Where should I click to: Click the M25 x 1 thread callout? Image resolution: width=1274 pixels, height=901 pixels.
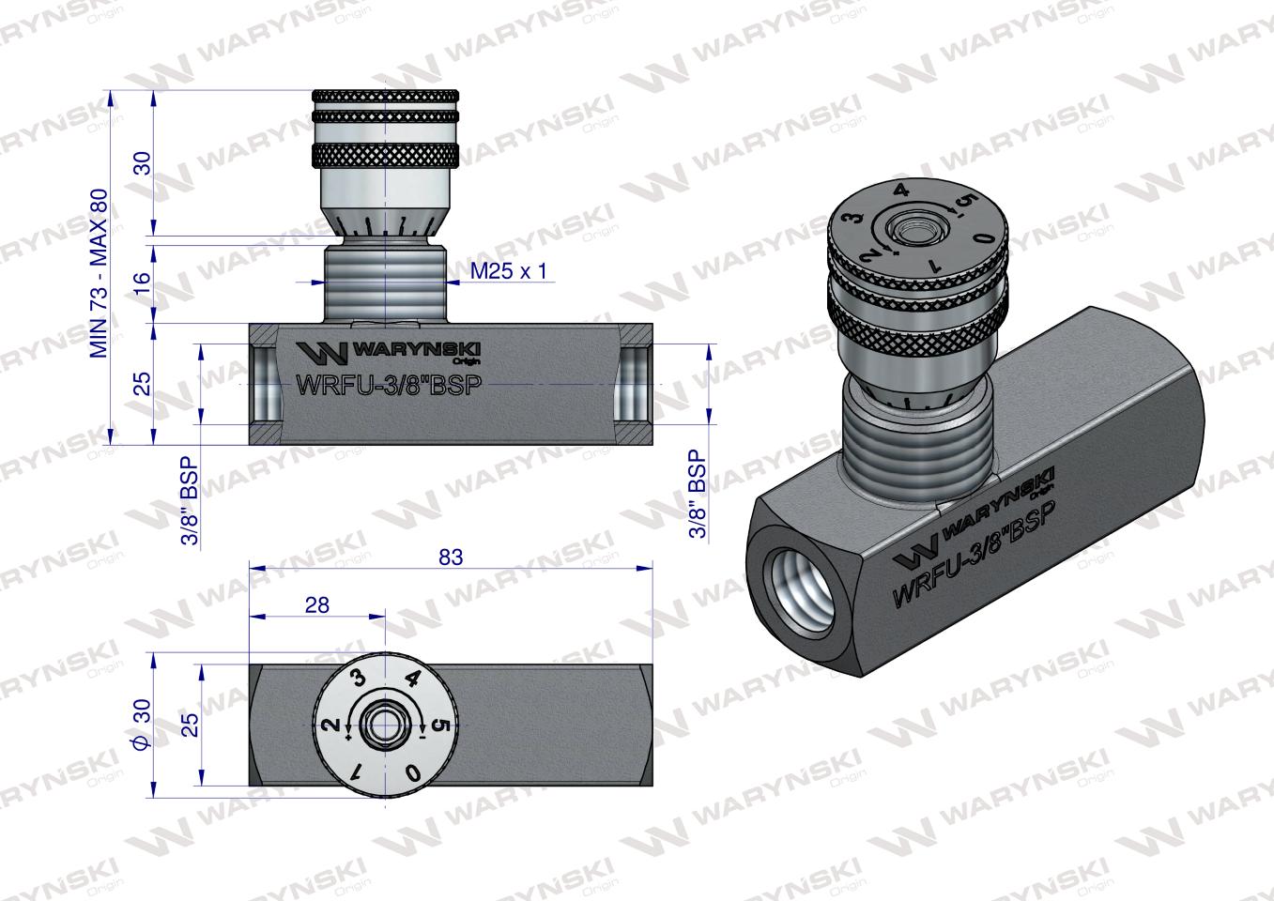507,272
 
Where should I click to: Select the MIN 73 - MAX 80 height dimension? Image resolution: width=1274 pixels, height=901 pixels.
98,272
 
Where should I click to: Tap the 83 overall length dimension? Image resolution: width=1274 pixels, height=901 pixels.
452,557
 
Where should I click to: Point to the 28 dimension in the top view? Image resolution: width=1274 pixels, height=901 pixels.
317,605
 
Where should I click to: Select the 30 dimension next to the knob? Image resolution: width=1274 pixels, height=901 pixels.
142,163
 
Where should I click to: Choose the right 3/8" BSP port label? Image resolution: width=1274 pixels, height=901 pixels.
697,492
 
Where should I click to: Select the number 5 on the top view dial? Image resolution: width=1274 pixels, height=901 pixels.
444,725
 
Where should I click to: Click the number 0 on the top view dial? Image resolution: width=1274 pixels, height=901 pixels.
411,771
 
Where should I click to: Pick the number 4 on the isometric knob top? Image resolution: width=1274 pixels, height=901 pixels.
901,191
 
